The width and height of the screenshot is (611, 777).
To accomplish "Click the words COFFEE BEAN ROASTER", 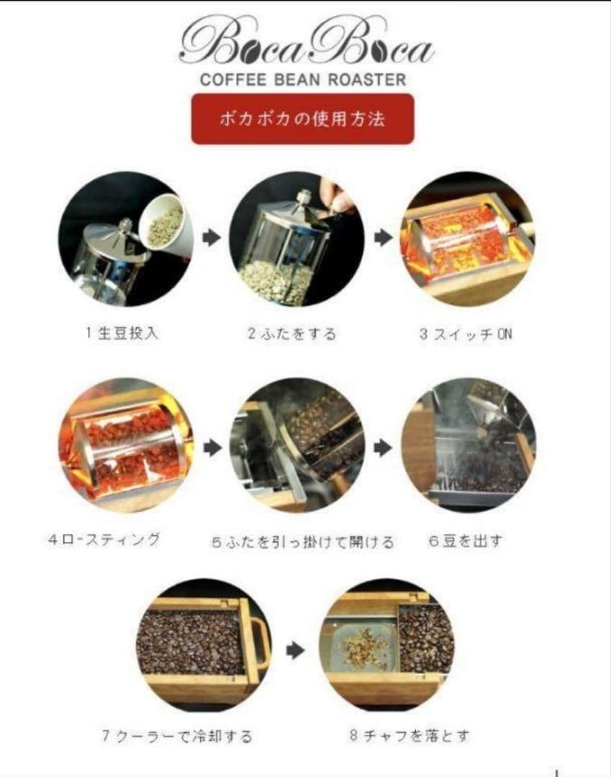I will point(303,79).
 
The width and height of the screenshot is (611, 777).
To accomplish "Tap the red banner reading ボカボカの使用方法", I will point(302,119).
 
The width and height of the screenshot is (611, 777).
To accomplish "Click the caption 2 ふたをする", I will point(291,334).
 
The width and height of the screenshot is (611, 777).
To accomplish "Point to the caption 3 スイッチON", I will point(466,334).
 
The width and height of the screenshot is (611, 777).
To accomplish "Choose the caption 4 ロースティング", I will point(105,539).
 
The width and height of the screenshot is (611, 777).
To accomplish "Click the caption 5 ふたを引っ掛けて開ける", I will point(302,542).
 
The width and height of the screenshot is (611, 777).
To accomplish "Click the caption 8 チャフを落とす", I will point(409,735).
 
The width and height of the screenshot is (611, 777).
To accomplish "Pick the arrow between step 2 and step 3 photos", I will point(382,239).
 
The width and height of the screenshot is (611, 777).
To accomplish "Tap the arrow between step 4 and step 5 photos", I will point(212,448).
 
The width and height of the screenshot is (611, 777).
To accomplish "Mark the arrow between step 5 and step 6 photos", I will point(383,448).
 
